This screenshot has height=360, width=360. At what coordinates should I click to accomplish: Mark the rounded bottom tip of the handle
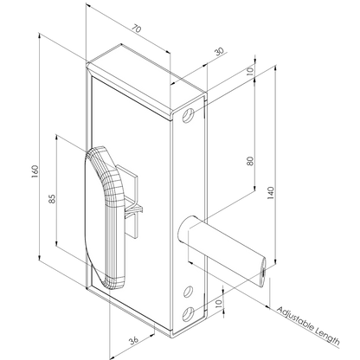point(110,280)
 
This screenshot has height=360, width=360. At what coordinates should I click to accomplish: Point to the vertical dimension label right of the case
point(247,160)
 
